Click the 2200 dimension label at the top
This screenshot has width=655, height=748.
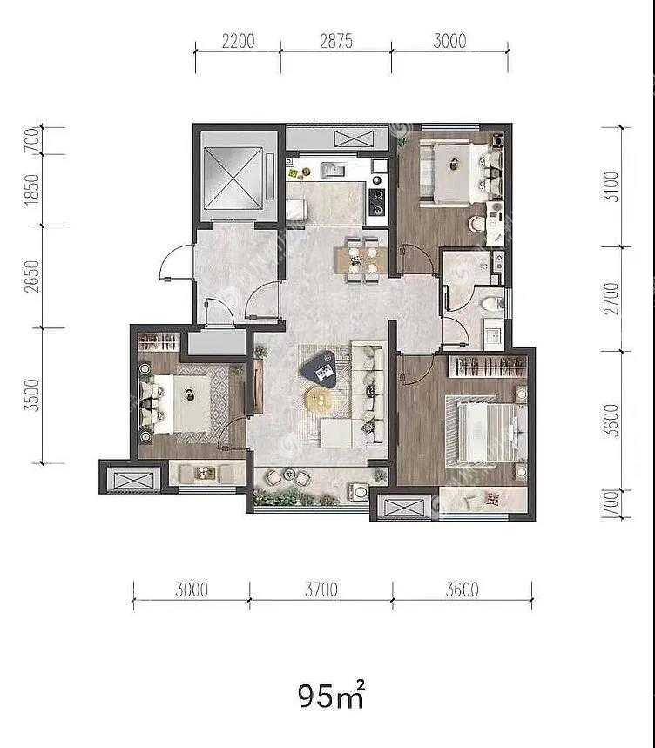click(x=238, y=41)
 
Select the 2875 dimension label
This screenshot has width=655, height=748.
click(x=336, y=41)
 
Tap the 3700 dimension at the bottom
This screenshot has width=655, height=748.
click(x=321, y=590)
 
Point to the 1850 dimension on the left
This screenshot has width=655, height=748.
click(x=32, y=191)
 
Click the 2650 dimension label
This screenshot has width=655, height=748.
click(x=32, y=277)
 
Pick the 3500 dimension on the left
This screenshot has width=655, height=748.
click(x=32, y=395)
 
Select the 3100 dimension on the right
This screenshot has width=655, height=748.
click(x=611, y=186)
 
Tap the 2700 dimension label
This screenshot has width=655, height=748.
click(x=611, y=299)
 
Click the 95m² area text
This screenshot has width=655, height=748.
click(x=332, y=696)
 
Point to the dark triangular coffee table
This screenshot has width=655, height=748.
click(x=319, y=367)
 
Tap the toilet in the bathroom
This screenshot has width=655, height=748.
click(x=493, y=303)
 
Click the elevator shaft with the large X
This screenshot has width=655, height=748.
click(x=233, y=178)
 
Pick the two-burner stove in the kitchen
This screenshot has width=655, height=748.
click(x=378, y=202)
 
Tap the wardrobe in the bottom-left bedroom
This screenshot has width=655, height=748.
click(x=159, y=342)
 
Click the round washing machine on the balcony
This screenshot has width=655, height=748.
click(x=359, y=491)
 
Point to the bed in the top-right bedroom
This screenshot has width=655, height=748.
click(x=461, y=172)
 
